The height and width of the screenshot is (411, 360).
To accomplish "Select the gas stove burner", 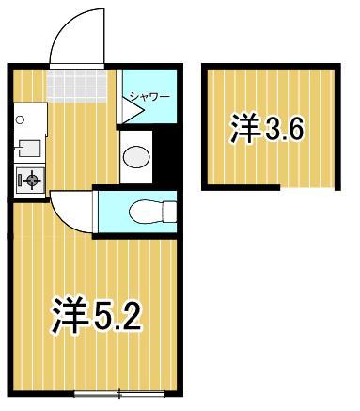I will coord(30,178).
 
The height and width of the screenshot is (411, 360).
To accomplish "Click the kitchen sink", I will coord(25,149).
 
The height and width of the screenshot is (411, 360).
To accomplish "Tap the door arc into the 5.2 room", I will coord(68,210).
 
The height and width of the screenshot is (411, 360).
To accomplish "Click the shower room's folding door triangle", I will coord(130,111).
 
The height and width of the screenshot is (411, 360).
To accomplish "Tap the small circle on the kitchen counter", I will coord(19,119).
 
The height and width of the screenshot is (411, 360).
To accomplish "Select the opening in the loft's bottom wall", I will coord(310,188).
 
